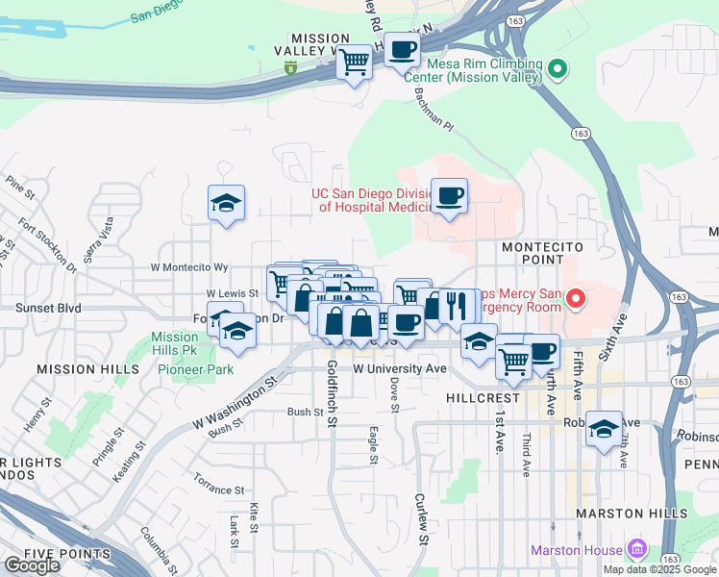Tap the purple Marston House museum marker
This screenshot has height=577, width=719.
[636, 550]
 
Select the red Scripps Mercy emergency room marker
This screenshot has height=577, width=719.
[576, 300]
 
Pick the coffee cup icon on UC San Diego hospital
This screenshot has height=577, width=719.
[449, 196]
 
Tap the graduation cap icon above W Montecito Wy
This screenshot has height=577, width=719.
[226, 203]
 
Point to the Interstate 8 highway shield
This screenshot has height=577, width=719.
[290, 68]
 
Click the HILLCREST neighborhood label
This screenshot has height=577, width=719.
[483, 397]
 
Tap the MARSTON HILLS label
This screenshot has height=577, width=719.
[632, 514]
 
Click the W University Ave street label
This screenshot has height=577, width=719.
[400, 368]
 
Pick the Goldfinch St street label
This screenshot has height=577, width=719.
[332, 393]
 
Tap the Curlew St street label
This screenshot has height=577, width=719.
[421, 519]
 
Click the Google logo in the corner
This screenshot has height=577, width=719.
[33, 565]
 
